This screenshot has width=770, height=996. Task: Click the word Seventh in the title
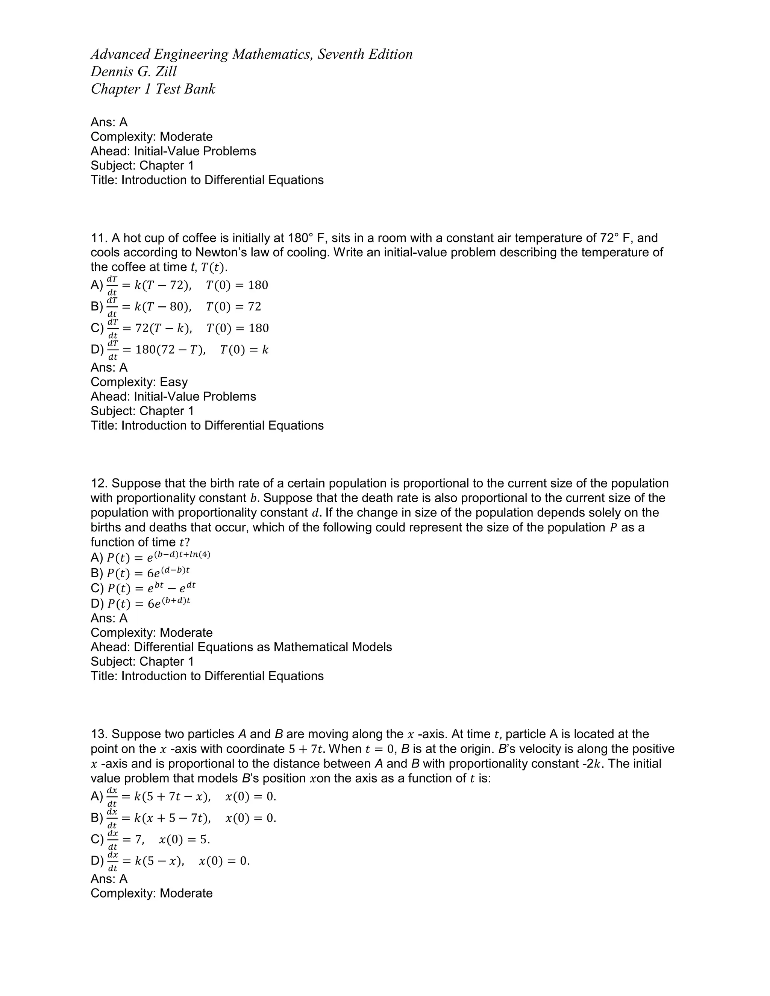point(338,54)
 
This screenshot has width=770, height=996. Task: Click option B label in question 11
point(96,306)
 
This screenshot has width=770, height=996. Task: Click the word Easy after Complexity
point(173,382)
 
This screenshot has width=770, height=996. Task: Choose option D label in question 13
point(96,861)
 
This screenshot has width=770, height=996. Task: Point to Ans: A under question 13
point(109,879)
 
